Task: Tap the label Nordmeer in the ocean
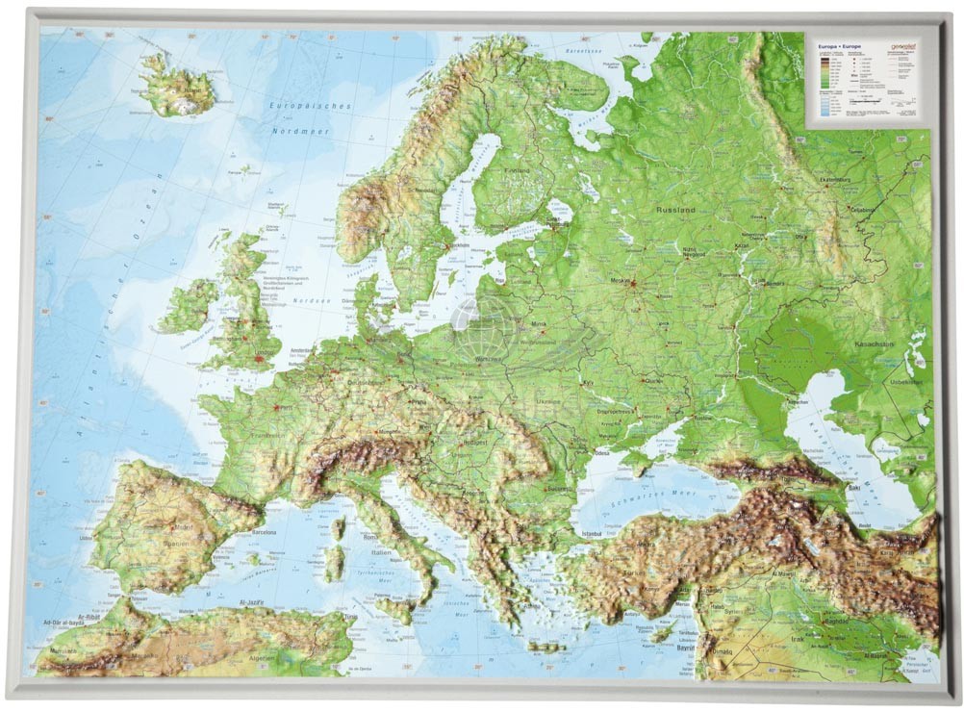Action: click(300, 131)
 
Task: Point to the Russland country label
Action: click(674, 209)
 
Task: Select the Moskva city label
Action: click(620, 282)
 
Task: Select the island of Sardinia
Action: click(334, 564)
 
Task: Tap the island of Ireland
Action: click(189, 307)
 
